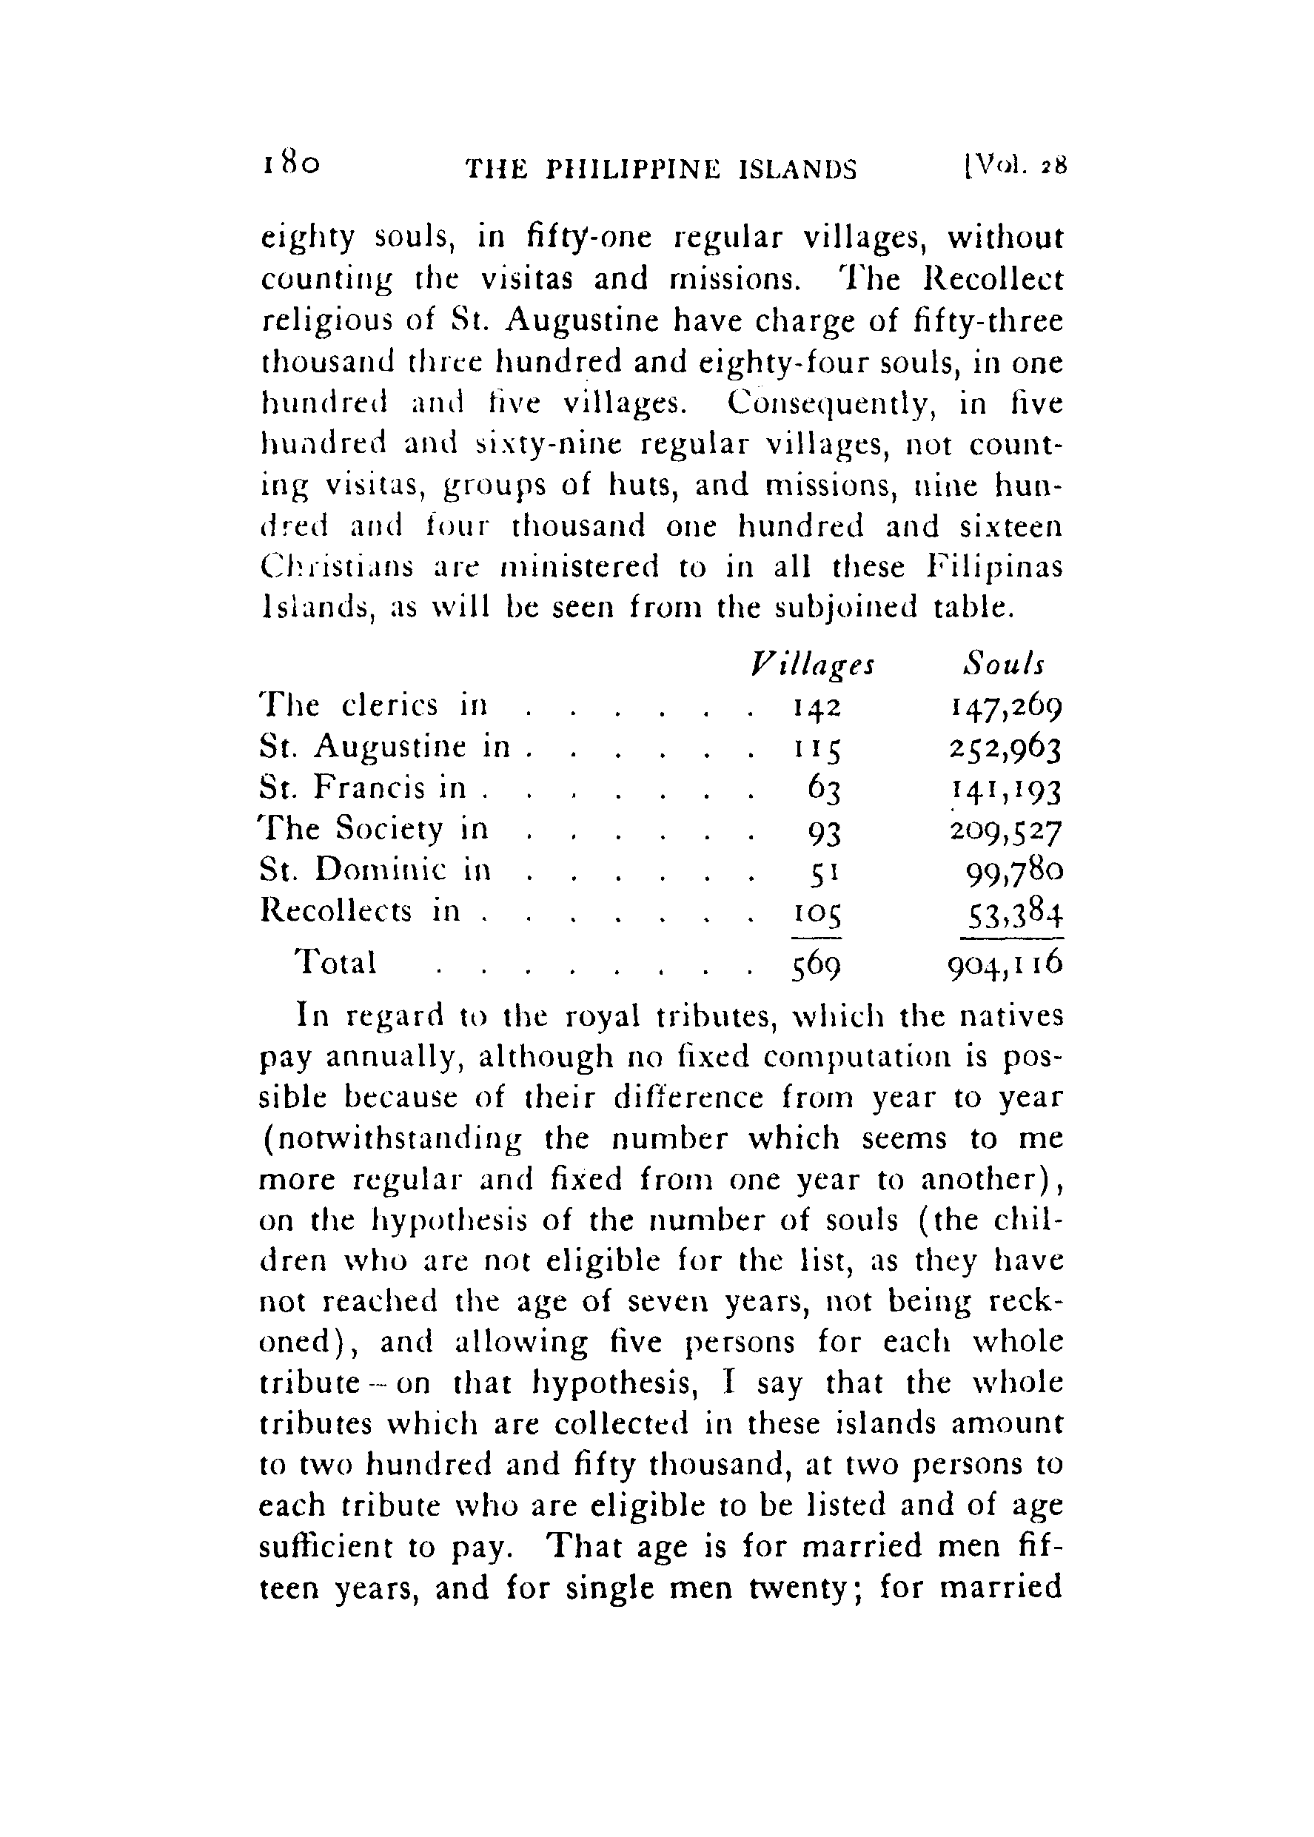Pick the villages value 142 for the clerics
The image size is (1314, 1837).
[x=815, y=708]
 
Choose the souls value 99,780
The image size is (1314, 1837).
[x=1015, y=872]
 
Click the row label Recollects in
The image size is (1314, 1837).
[x=360, y=911]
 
